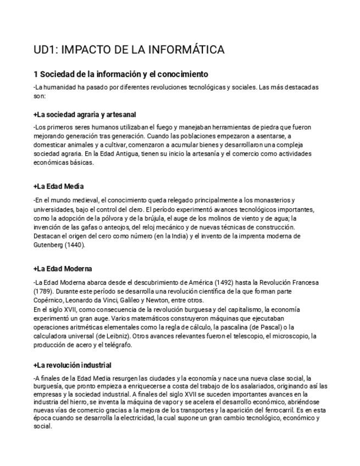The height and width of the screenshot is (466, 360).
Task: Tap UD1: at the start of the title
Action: pos(45,50)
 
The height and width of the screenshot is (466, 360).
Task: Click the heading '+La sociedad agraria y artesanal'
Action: pos(85,115)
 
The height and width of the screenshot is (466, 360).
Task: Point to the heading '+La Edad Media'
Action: pos(58,186)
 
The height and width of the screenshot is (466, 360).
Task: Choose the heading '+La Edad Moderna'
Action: pos(63,269)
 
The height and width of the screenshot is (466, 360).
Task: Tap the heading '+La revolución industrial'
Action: pos(73,365)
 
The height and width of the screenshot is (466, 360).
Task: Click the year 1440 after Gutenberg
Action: pos(75,245)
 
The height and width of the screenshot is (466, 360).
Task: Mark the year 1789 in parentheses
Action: pos(44,291)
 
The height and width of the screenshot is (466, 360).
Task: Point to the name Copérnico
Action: pos(48,300)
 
